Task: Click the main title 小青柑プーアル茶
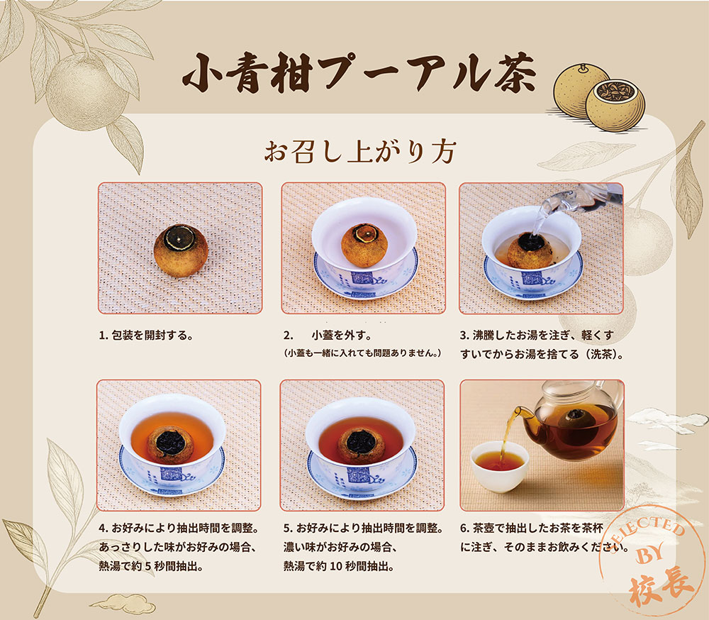[x=359, y=73]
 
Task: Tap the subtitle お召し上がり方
[x=360, y=152]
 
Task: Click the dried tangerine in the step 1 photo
[x=180, y=250]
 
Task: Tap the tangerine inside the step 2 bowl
[x=364, y=244]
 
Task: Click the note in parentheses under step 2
[x=362, y=353]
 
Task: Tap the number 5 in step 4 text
[x=148, y=567]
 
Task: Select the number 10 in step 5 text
[x=337, y=567]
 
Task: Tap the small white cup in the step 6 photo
[x=499, y=466]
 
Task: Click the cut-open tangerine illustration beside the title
[x=615, y=106]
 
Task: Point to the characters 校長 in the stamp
[x=661, y=586]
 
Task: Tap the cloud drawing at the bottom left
[x=122, y=604]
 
